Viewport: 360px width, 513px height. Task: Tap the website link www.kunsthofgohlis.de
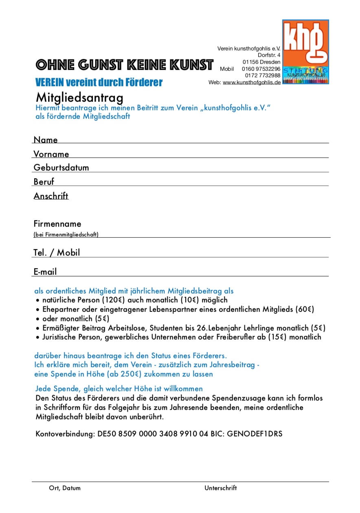[252, 82]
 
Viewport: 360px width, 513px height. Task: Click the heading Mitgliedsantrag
[79, 98]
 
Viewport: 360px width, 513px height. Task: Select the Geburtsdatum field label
[61, 167]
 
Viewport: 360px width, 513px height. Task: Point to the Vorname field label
[51, 154]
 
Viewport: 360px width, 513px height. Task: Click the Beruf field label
[44, 182]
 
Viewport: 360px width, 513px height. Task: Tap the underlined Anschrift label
[51, 196]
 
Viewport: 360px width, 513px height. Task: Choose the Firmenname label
[57, 224]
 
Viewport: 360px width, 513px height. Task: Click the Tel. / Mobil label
[57, 252]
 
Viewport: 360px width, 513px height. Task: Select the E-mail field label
[45, 272]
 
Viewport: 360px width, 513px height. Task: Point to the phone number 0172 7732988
[263, 75]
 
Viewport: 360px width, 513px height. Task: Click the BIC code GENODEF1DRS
[255, 434]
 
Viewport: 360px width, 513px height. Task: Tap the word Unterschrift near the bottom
[220, 488]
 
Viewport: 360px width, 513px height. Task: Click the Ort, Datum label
[65, 488]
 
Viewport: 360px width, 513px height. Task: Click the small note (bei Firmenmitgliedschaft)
[66, 235]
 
